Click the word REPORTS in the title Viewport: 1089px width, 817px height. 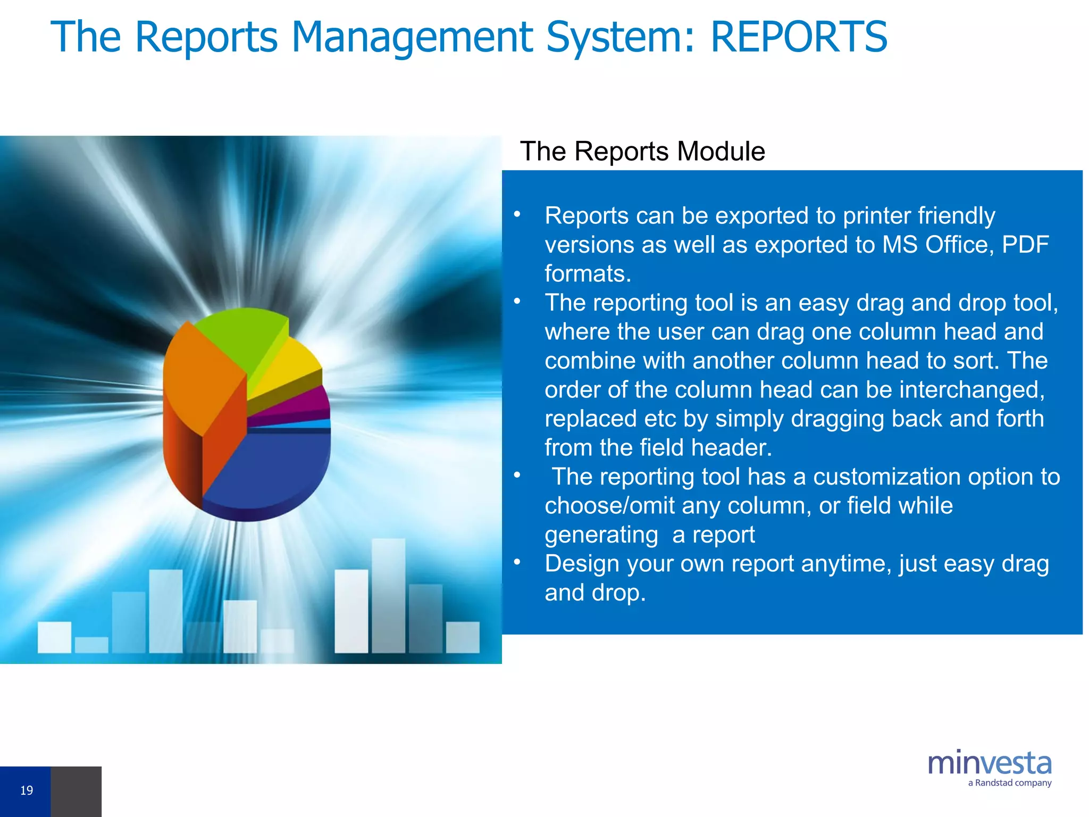[x=799, y=37]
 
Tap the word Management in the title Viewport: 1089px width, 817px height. [x=412, y=37]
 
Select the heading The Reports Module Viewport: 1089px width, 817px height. [x=642, y=152]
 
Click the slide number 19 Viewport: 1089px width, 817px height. [x=27, y=790]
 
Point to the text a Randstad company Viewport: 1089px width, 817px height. [x=1009, y=783]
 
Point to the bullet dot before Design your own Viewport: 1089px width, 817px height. [x=516, y=562]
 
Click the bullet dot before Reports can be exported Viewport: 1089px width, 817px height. [x=516, y=214]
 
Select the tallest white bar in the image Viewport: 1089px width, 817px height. [x=388, y=596]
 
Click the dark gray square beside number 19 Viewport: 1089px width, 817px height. [x=76, y=791]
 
